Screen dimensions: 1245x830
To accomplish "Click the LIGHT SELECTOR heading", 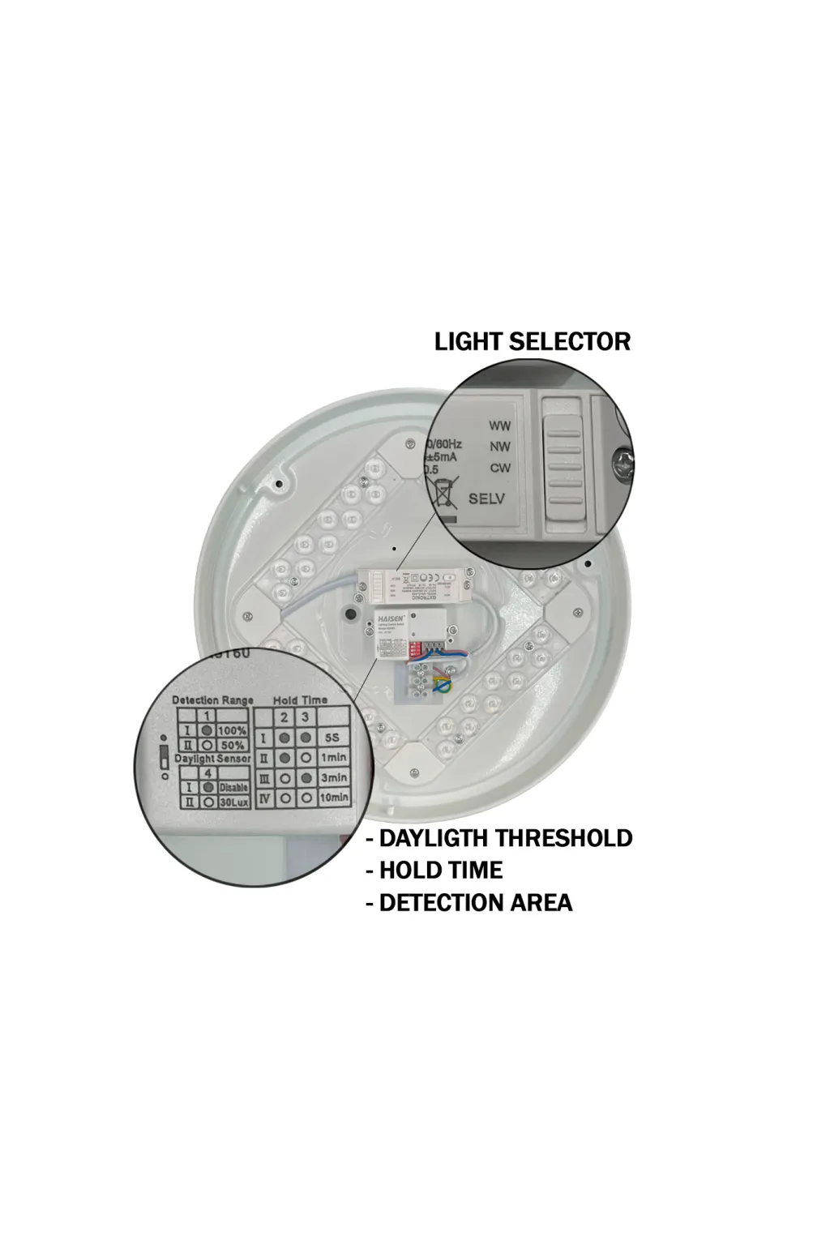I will [x=532, y=341].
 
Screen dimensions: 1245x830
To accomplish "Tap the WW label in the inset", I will [x=499, y=426].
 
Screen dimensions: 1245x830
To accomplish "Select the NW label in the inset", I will [x=499, y=447].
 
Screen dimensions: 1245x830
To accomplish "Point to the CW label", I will [x=499, y=468].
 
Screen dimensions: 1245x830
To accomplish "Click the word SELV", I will [x=486, y=498].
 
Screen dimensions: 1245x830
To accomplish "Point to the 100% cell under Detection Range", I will [x=232, y=731].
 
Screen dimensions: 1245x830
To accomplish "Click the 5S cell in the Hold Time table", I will [x=332, y=738].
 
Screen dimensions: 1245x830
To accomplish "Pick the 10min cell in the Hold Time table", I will [x=333, y=798].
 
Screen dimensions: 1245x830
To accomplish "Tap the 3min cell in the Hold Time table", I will [x=333, y=778].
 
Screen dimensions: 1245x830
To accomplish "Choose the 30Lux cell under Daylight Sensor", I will [x=233, y=802].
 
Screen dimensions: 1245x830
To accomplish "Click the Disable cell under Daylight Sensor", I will [x=233, y=787].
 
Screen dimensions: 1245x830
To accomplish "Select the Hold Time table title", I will [x=300, y=700].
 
